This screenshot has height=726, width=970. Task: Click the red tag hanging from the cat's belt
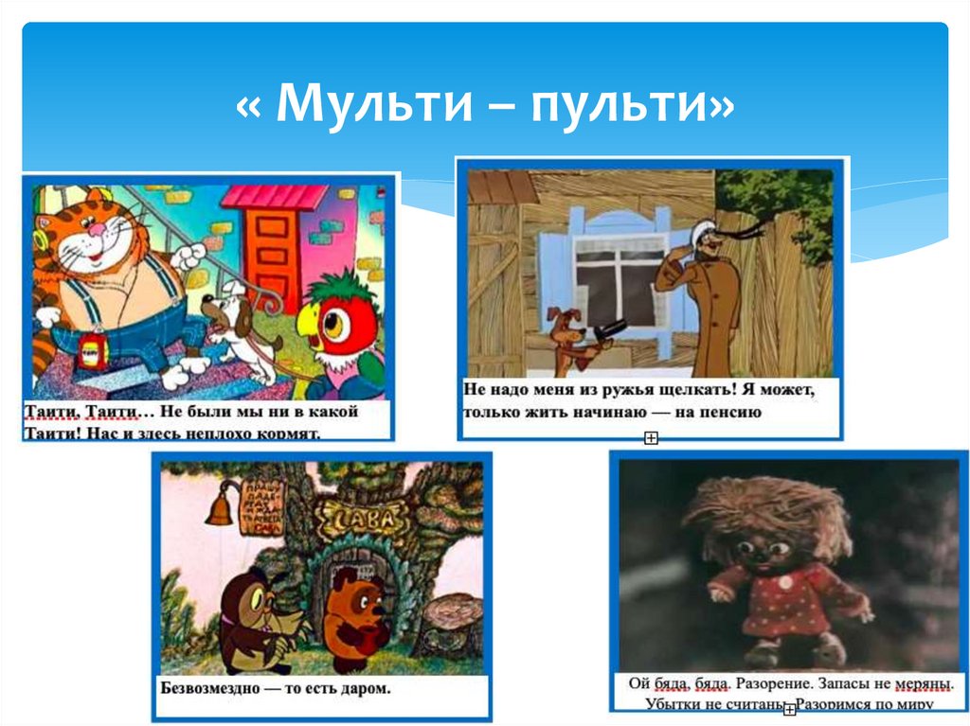coord(93,352)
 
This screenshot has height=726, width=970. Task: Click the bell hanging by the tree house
coord(219,507)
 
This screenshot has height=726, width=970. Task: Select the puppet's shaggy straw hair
coord(763,511)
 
